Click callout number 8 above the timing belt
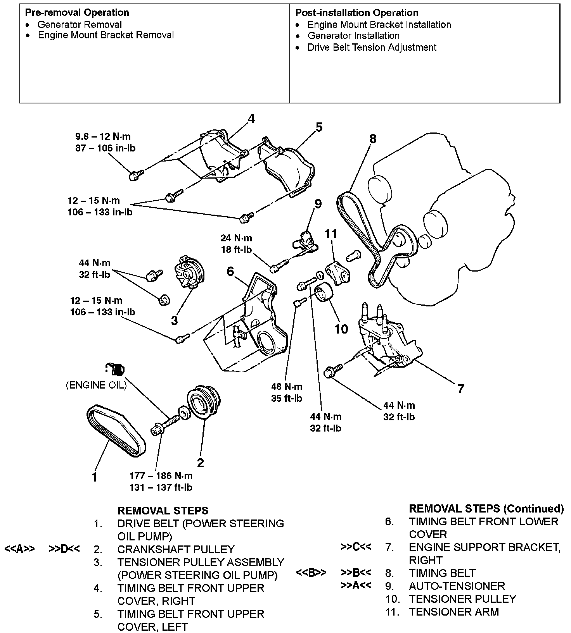[x=372, y=138]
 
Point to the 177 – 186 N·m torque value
[x=161, y=475]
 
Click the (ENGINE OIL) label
[x=96, y=385]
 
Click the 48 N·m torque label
[x=287, y=387]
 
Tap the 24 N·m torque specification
[x=236, y=238]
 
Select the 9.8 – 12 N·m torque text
[x=103, y=136]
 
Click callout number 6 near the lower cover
[x=230, y=272]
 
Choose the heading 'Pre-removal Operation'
[x=77, y=12]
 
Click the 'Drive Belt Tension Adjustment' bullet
[x=372, y=47]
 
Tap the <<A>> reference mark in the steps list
[x=19, y=549]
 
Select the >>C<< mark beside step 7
[x=356, y=547]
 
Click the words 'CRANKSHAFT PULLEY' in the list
[x=176, y=549]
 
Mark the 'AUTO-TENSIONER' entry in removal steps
[x=457, y=586]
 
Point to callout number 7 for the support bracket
[x=460, y=389]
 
